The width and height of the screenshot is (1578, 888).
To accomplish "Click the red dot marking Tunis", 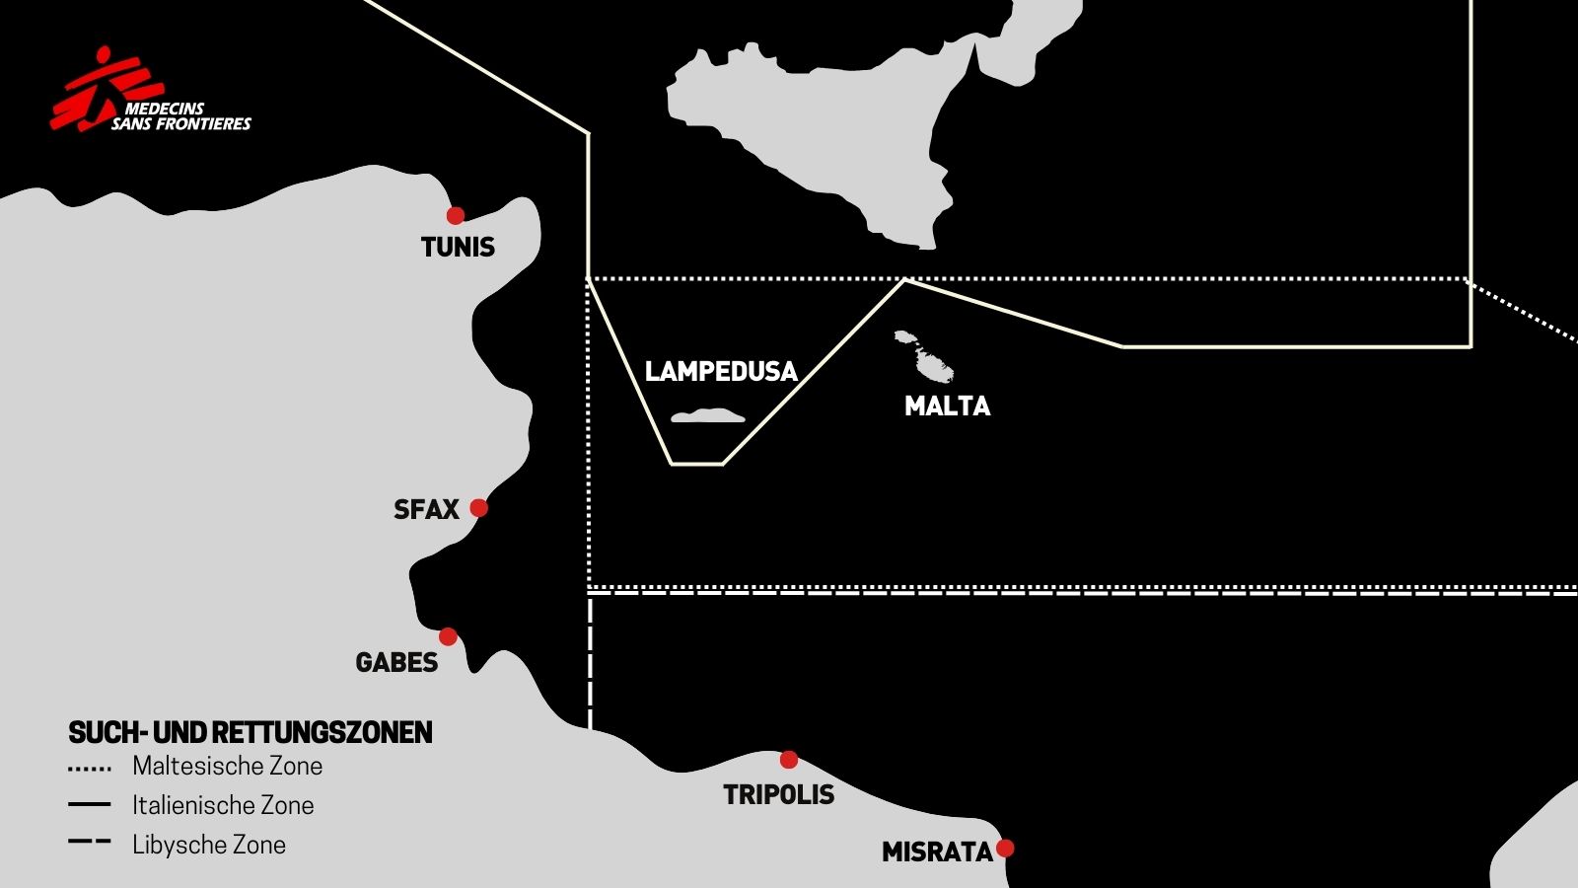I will pyautogui.click(x=455, y=215).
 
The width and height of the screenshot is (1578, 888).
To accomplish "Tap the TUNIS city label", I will pyautogui.click(x=458, y=247).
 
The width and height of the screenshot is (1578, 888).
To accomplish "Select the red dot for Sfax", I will pyautogui.click(x=478, y=507).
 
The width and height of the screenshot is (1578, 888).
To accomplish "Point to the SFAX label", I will pyautogui.click(x=426, y=509).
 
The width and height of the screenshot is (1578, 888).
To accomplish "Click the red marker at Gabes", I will pyautogui.click(x=448, y=636).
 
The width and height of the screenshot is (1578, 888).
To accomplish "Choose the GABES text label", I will pyautogui.click(x=396, y=662).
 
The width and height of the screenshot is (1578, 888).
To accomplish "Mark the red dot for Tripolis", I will pyautogui.click(x=788, y=759).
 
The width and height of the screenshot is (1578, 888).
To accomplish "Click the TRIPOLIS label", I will pyautogui.click(x=778, y=794).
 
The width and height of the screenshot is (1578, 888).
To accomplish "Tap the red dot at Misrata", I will pyautogui.click(x=1005, y=848).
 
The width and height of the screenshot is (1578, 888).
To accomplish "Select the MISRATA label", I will pyautogui.click(x=936, y=851).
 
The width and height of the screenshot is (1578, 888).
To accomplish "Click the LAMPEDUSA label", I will pyautogui.click(x=721, y=371).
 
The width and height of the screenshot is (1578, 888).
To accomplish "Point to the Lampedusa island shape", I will pyautogui.click(x=708, y=416).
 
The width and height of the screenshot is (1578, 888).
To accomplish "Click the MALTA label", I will pyautogui.click(x=947, y=406).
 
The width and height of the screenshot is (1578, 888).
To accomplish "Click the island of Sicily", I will pyautogui.click(x=819, y=128).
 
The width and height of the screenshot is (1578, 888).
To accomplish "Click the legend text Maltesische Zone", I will pyautogui.click(x=227, y=766).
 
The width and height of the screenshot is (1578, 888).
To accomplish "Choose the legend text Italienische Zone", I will pyautogui.click(x=223, y=805).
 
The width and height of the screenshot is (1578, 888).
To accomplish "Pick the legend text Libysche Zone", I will pyautogui.click(x=209, y=845).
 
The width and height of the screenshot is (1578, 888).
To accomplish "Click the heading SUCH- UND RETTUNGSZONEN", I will pyautogui.click(x=251, y=732).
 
